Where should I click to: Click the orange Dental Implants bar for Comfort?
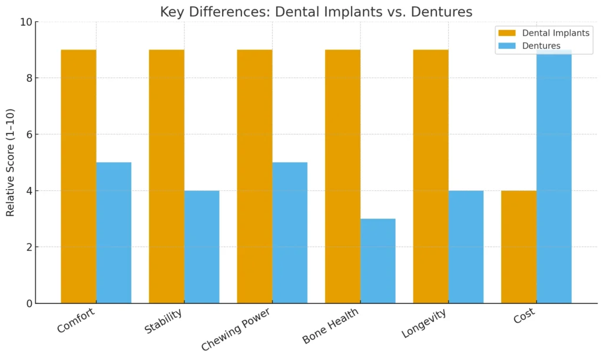pos(78,176)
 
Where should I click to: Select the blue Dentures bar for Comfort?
pos(114,233)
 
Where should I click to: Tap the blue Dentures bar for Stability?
pos(201,247)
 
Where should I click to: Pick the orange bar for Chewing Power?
pos(254,176)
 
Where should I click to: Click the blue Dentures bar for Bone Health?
pos(377,261)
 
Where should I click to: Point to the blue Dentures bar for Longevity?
pos(466,247)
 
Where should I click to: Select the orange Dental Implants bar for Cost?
pos(518,247)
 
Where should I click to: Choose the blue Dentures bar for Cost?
pos(554,176)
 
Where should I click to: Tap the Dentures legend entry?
pos(541,46)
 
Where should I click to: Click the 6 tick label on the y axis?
pos(28,134)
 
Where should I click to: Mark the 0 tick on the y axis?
pos(28,303)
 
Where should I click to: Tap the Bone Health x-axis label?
pos(330,326)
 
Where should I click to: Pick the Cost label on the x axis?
pos(524,316)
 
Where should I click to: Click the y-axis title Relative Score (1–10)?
pos(11,162)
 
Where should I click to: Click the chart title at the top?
pos(316,12)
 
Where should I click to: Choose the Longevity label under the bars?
pos(424,323)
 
